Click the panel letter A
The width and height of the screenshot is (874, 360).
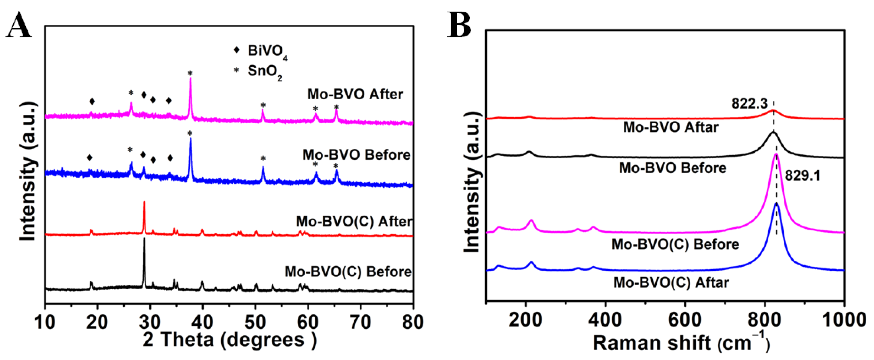pyautogui.click(x=19, y=26)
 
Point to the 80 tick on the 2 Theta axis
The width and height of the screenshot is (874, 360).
pyautogui.click(x=413, y=322)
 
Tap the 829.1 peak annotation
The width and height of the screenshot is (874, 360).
pyautogui.click(x=802, y=176)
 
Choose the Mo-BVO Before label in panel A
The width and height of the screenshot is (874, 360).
pyautogui.click(x=356, y=155)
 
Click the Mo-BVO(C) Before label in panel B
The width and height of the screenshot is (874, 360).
pyautogui.click(x=675, y=244)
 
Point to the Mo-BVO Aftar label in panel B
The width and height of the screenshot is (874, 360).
pyautogui.click(x=671, y=127)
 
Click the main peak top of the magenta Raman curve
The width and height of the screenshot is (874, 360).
pyautogui.click(x=776, y=155)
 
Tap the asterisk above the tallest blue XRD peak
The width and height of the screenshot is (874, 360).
pyautogui.click(x=190, y=133)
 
